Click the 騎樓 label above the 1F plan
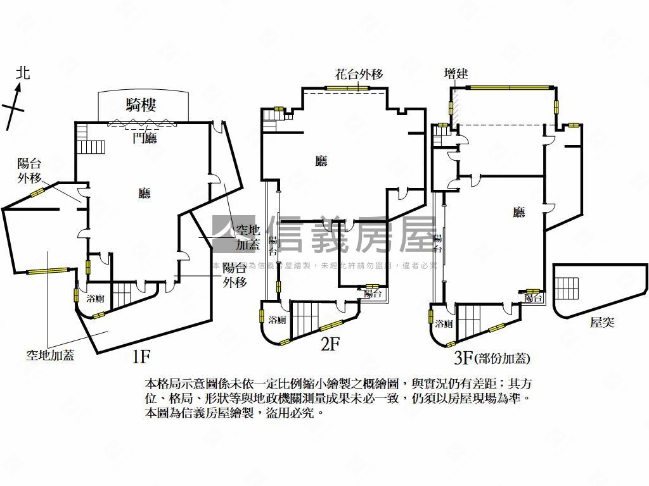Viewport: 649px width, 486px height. pyautogui.click(x=141, y=106)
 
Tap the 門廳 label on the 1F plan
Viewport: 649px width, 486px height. pyautogui.click(x=145, y=139)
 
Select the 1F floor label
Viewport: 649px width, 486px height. pyautogui.click(x=140, y=356)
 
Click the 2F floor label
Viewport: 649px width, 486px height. pyautogui.click(x=330, y=345)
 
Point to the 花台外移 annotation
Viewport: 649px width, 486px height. pyautogui.click(x=359, y=74)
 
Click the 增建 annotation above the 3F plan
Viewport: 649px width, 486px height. pyautogui.click(x=456, y=74)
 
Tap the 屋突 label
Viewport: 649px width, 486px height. pyautogui.click(x=602, y=323)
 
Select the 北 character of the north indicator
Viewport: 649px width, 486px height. pyautogui.click(x=23, y=73)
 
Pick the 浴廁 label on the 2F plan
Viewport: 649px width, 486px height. pyautogui.click(x=277, y=320)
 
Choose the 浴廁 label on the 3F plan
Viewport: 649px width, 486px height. pyautogui.click(x=444, y=324)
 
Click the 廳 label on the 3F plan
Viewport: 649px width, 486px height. pyautogui.click(x=519, y=213)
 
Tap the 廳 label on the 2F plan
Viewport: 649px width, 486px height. pyautogui.click(x=321, y=161)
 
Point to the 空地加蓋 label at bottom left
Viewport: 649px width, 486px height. pyautogui.click(x=50, y=355)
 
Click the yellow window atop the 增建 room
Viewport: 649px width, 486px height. pyautogui.click(x=504, y=87)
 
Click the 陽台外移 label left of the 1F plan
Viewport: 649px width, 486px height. pyautogui.click(x=29, y=170)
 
